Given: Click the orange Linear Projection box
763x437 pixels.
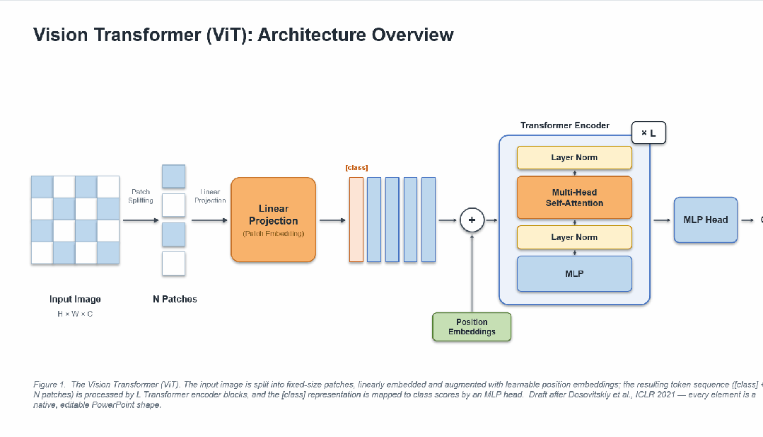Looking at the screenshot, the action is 273,220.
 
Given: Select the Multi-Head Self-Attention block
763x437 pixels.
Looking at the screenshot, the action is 574,198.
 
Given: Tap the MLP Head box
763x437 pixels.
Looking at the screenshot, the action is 706,220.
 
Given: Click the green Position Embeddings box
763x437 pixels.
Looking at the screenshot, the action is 472,327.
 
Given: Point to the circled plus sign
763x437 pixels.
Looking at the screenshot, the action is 472,220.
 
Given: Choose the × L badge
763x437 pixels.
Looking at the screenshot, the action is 648,132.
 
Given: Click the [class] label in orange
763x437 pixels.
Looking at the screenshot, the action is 356,168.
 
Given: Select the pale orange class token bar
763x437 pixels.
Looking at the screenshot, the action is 356,220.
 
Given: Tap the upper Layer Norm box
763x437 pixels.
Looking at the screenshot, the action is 574,157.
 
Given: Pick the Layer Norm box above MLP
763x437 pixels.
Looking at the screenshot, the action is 574,237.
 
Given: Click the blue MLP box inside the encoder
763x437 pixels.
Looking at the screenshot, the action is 574,274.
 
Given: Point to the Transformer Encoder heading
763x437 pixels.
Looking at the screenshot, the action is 564,125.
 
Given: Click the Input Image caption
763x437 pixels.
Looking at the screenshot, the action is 75,299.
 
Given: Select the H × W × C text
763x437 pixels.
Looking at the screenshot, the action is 75,314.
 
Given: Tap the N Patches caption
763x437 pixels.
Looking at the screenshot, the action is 175,299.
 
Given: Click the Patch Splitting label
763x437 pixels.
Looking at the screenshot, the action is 141,196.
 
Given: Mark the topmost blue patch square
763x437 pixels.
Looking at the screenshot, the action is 173,176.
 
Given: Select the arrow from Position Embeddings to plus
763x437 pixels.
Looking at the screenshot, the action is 472,273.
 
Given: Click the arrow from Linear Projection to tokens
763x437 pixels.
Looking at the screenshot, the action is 332,220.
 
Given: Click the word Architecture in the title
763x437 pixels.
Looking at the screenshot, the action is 311,35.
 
